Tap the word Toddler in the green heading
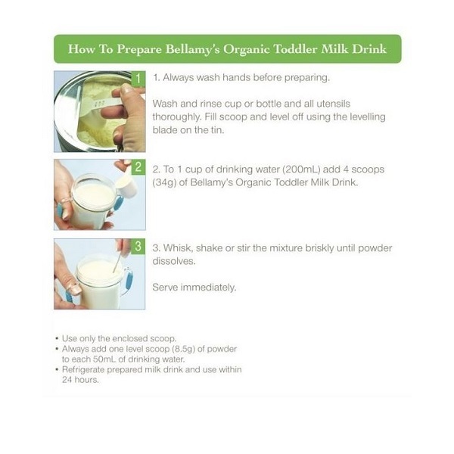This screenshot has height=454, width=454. (295, 48)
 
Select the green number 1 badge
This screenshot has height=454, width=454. (138, 79)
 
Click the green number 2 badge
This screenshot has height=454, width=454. (138, 166)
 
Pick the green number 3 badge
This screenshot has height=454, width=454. (138, 247)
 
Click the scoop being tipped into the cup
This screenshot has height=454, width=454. (127, 185)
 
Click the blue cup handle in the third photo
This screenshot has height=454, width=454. (128, 282)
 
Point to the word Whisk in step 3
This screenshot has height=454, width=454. (177, 248)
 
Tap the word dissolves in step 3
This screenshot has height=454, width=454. (174, 261)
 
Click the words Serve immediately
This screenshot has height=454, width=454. (194, 288)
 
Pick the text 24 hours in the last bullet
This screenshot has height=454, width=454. (80, 380)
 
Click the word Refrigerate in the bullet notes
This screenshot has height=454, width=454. (83, 370)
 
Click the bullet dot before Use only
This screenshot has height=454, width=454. (57, 338)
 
